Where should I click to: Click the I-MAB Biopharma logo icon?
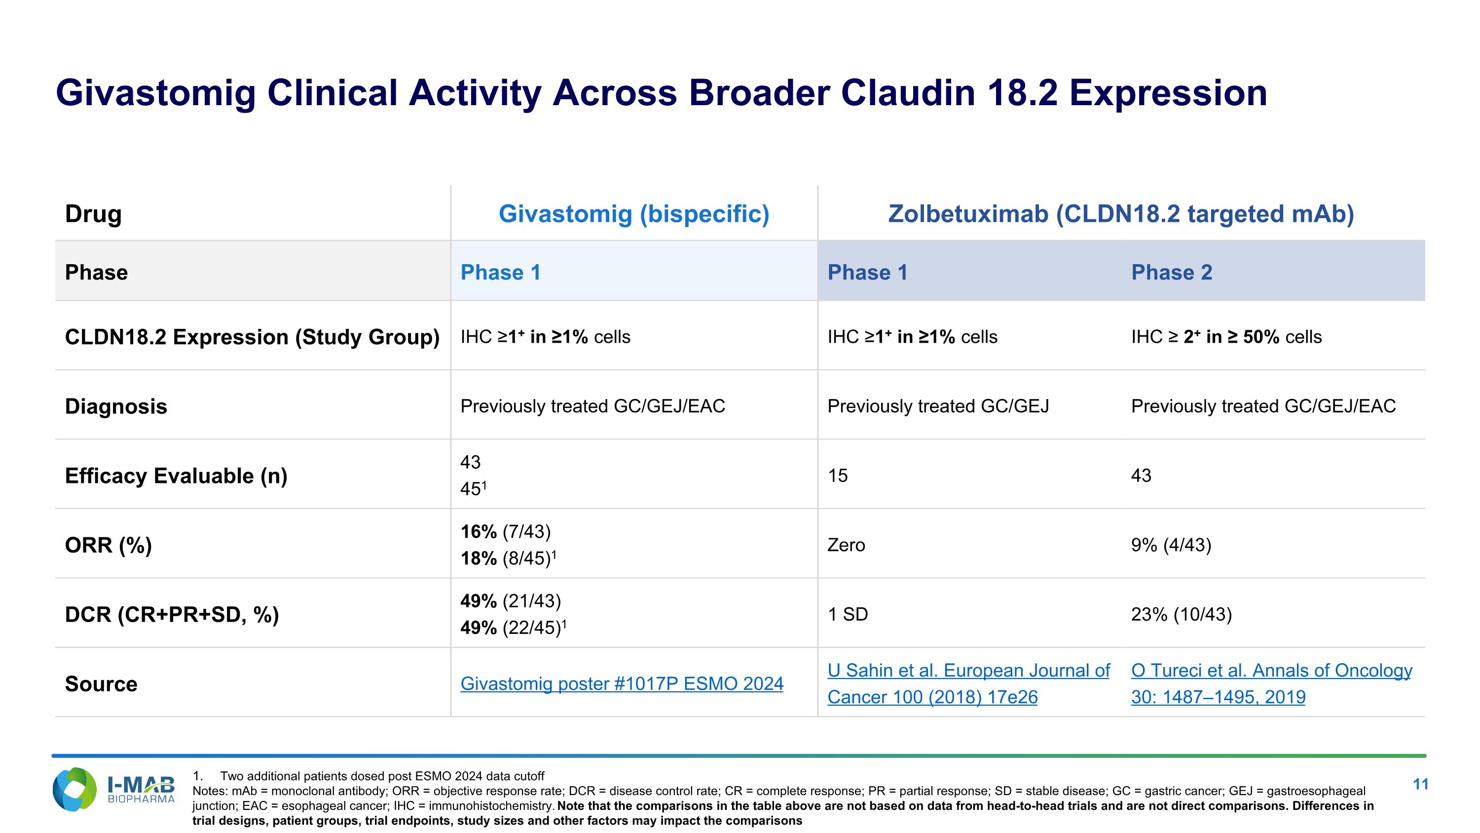[74, 790]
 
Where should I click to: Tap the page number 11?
[1420, 784]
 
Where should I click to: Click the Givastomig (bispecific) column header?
[634, 214]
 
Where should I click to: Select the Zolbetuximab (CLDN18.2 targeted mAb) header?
[1121, 214]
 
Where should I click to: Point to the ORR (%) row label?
[108, 545]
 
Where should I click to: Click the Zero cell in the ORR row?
[846, 545]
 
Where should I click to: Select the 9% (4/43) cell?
[1170, 545]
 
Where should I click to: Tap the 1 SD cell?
[848, 615]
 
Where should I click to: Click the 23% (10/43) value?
[1181, 615]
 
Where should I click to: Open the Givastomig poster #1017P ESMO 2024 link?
[622, 683]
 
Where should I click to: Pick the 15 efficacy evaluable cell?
[837, 476]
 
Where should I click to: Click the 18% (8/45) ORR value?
[507, 558]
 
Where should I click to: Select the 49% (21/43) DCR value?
[510, 601]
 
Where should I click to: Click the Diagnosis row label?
[115, 406]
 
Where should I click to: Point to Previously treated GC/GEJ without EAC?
[938, 406]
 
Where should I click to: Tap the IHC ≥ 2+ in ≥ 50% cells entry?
[1225, 337]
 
